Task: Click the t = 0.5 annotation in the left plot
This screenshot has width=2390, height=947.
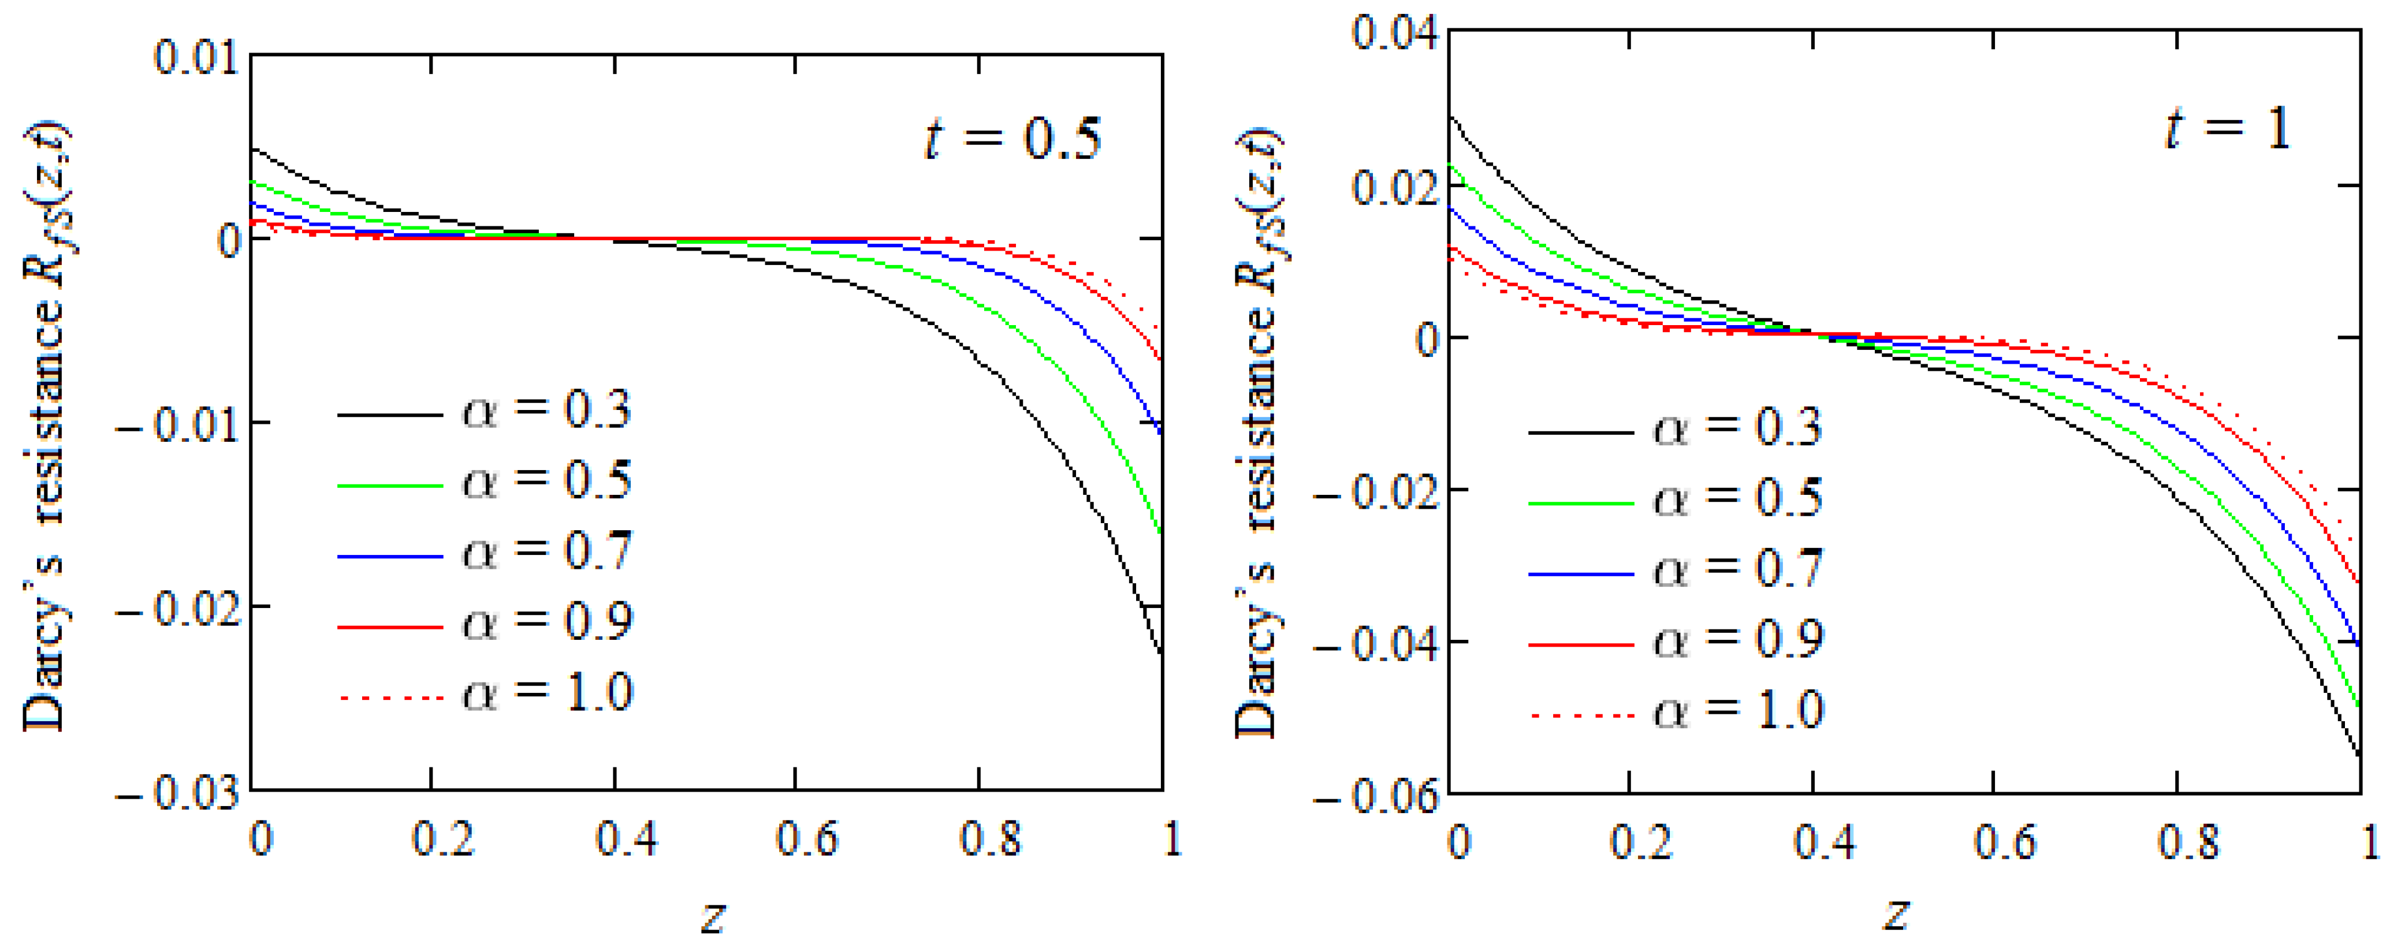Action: coord(1012,139)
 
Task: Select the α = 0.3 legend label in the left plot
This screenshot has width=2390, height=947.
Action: coord(548,409)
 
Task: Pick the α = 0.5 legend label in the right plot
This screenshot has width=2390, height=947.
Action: coord(1738,498)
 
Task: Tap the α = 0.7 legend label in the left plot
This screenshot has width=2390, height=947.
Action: coord(548,551)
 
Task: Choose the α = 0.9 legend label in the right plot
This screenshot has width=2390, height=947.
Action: coord(1738,639)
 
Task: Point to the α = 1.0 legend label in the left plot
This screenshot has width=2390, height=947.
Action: coord(548,693)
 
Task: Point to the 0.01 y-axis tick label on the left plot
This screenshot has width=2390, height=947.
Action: coord(197,58)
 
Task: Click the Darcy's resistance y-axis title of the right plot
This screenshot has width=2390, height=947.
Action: coord(1258,431)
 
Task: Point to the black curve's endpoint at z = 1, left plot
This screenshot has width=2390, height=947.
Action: coord(1161,654)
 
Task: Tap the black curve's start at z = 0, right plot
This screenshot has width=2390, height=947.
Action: coord(1450,117)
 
